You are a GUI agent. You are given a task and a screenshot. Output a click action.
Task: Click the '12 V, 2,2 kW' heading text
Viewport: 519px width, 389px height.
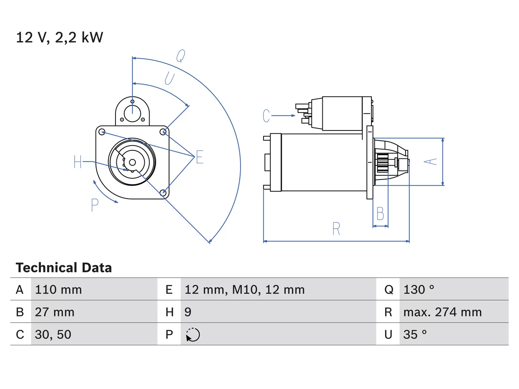click(x=59, y=38)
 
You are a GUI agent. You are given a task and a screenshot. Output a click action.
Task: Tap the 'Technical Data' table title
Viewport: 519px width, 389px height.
click(x=64, y=267)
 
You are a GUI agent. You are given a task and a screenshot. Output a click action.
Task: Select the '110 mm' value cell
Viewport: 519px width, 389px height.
click(x=58, y=290)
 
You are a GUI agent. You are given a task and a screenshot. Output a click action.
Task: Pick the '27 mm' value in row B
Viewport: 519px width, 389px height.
click(x=54, y=312)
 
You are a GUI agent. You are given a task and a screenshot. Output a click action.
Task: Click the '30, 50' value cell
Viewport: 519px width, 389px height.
click(x=53, y=334)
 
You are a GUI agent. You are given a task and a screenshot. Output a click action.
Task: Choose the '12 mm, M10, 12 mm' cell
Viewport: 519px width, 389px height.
click(x=244, y=290)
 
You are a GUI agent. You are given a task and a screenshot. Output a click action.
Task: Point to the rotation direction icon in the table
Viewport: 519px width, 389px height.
click(x=193, y=335)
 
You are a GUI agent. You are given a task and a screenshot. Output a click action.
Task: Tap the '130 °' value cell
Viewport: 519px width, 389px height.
click(x=418, y=290)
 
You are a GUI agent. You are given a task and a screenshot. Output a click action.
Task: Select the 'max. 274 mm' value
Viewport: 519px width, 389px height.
click(x=442, y=312)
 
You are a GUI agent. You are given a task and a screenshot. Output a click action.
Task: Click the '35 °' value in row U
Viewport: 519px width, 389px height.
click(x=415, y=334)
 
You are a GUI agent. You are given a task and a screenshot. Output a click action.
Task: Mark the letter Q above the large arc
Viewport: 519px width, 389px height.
click(x=181, y=56)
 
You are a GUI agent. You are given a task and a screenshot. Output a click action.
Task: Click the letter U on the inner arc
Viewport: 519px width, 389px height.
click(x=169, y=79)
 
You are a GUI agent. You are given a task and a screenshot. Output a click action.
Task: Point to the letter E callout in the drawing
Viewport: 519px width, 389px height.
click(x=199, y=157)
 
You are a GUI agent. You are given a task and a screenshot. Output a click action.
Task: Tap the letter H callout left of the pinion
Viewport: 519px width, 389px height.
click(x=77, y=162)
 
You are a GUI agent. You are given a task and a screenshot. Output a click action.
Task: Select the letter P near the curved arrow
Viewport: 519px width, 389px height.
click(x=94, y=205)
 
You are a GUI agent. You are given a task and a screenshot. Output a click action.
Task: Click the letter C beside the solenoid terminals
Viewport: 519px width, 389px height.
click(x=266, y=116)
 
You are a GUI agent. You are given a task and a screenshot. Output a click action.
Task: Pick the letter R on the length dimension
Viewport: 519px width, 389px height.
click(x=336, y=229)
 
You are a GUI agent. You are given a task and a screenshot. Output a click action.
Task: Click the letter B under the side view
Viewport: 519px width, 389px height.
click(x=380, y=214)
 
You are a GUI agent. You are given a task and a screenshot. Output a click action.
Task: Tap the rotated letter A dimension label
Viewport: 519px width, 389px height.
click(x=430, y=162)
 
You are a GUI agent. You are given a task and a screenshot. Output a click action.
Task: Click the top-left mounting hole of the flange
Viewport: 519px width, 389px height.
click(x=102, y=132)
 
